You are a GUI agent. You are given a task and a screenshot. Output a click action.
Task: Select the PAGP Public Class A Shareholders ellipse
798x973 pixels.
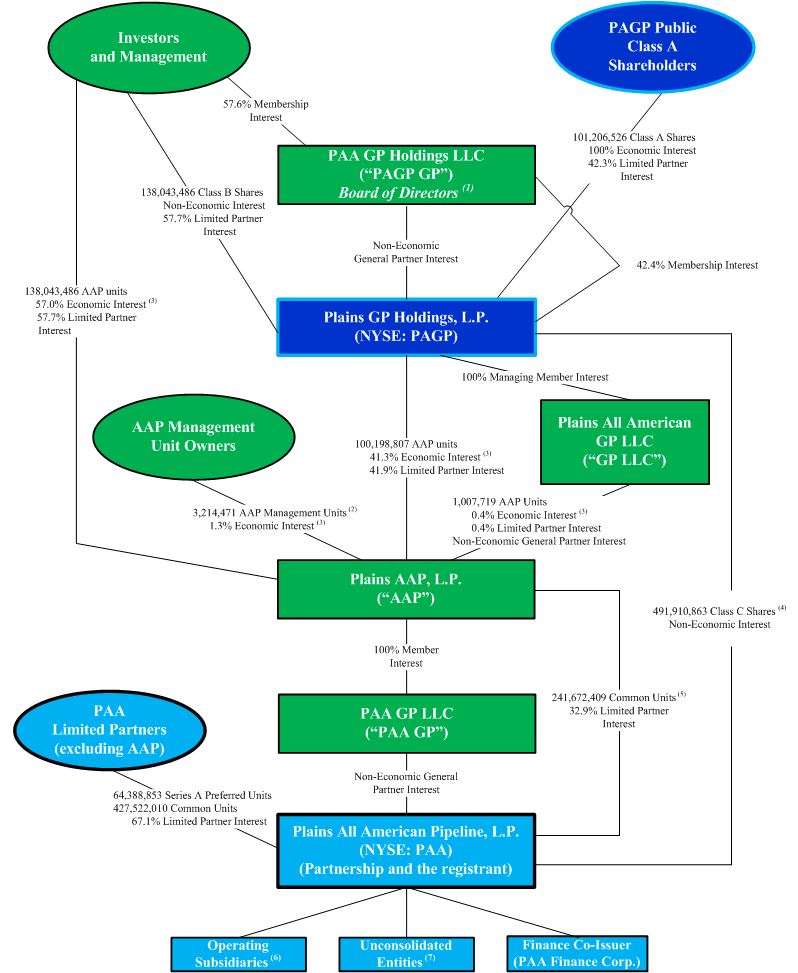coord(652,47)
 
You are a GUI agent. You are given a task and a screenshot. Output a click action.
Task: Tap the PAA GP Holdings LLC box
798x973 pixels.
coord(406,175)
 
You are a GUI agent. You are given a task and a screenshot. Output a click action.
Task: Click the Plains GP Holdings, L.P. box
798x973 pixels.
coord(405,326)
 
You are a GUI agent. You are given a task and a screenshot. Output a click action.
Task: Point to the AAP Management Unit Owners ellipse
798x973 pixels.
coord(194,437)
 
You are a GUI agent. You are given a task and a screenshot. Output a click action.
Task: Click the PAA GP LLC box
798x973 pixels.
coord(405,723)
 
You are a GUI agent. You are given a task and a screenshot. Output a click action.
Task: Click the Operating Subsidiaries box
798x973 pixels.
coord(238,953)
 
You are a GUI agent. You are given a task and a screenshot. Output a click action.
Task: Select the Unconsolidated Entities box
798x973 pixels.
coord(405,953)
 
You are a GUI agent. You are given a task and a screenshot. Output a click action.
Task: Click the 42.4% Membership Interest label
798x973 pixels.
coord(697,266)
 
